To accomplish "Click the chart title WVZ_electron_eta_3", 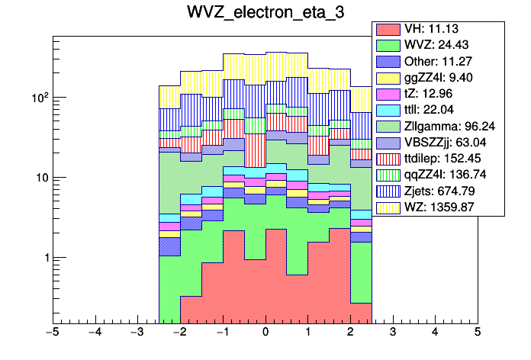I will point(265,13).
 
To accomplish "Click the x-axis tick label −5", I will point(52,333).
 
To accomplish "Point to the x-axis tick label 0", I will point(265,333).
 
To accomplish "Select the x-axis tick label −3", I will point(137,333).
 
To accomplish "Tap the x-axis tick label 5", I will point(478,333).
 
